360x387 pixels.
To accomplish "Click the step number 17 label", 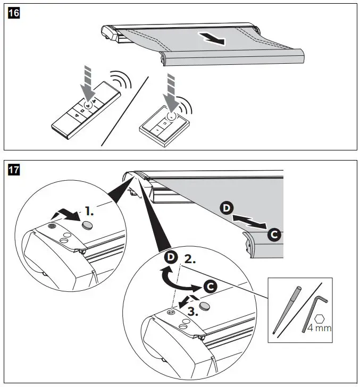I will pyautogui.click(x=11, y=170).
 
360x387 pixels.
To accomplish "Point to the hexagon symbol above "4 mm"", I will pyautogui.click(x=319, y=318).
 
